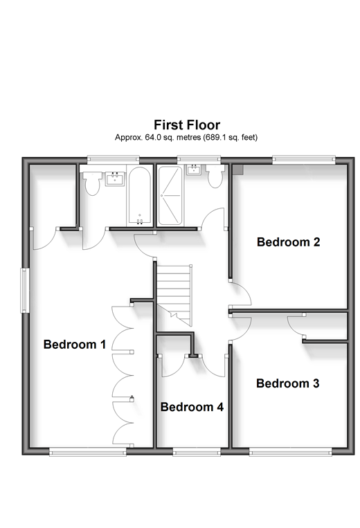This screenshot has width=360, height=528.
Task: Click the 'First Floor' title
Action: pyautogui.click(x=187, y=125)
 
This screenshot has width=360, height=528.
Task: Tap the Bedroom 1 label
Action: pyautogui.click(x=75, y=344)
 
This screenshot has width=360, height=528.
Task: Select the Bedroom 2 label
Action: pyautogui.click(x=288, y=242)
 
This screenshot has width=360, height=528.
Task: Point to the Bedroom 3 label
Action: pyautogui.click(x=287, y=383)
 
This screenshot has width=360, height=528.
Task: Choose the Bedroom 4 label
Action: pyautogui.click(x=192, y=407)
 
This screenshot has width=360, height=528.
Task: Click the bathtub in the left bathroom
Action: pyautogui.click(x=139, y=196)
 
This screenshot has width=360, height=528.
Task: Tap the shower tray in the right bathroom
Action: pyautogui.click(x=170, y=195)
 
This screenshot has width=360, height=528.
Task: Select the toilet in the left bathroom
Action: pyautogui.click(x=92, y=183)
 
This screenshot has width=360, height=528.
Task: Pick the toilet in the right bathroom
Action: pyautogui.click(x=215, y=176)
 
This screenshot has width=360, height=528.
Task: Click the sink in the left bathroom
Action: pyautogui.click(x=115, y=179)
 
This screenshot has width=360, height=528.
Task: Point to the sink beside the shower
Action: pyautogui.click(x=195, y=170)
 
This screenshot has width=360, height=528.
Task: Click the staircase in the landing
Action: pyautogui.click(x=174, y=295)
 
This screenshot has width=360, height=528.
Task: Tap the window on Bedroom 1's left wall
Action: pyautogui.click(x=25, y=290)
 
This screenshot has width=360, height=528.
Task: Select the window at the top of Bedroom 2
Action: pyautogui.click(x=304, y=160)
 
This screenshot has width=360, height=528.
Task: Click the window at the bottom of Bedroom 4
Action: pyautogui.click(x=197, y=452)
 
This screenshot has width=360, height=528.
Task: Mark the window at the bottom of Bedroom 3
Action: pyautogui.click(x=290, y=452)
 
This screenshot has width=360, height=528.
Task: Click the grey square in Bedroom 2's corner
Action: pyautogui.click(x=237, y=170)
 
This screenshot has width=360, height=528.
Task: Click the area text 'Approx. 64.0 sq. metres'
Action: pyautogui.click(x=158, y=138)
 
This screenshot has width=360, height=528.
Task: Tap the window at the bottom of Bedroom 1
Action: pyautogui.click(x=88, y=452)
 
